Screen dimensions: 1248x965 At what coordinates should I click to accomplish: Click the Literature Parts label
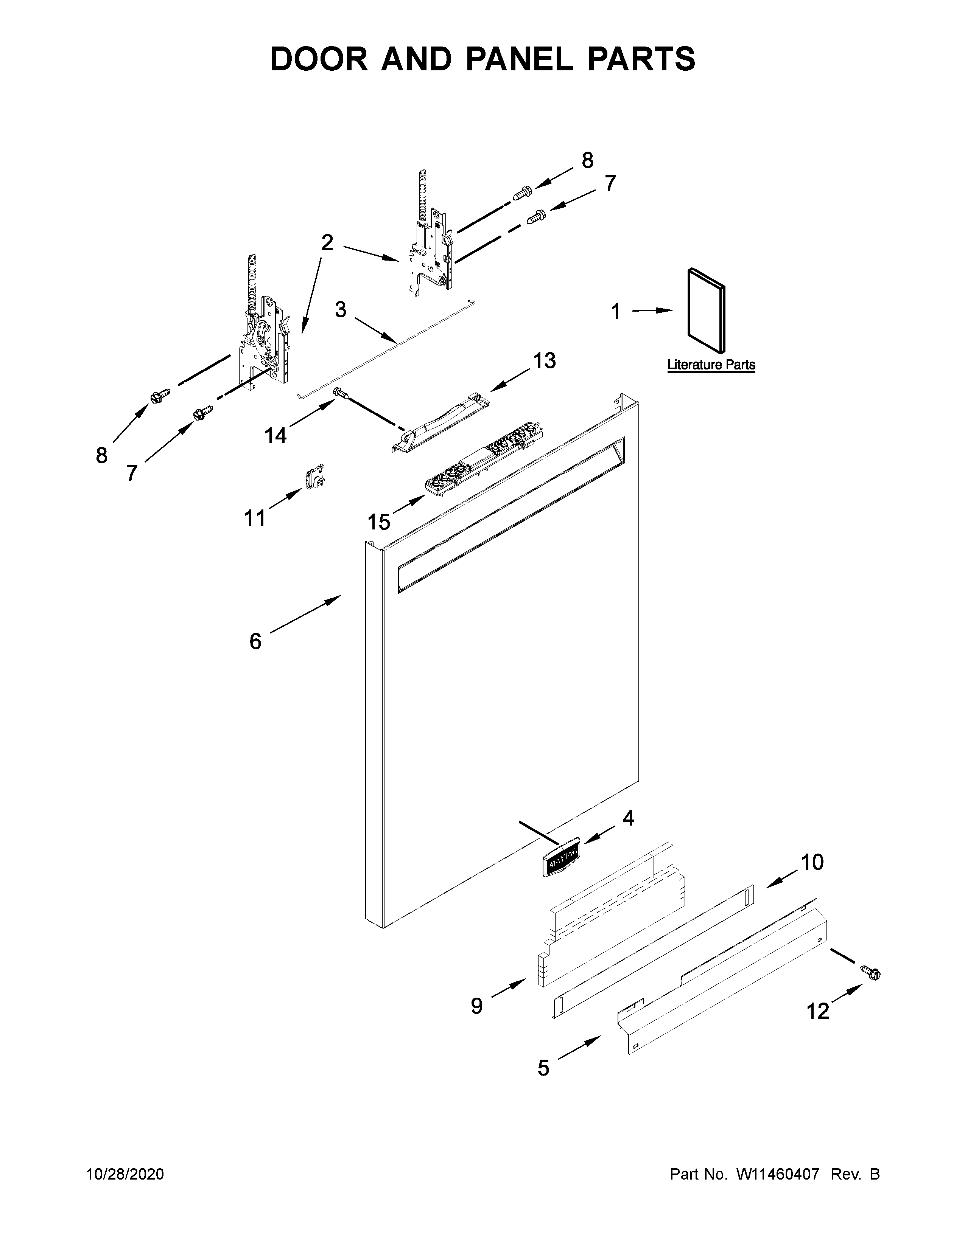pyautogui.click(x=711, y=365)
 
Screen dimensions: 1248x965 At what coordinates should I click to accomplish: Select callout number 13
pyautogui.click(x=544, y=361)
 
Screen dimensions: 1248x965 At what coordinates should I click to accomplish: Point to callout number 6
pyautogui.click(x=255, y=641)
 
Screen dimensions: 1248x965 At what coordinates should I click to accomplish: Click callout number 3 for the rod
pyautogui.click(x=341, y=310)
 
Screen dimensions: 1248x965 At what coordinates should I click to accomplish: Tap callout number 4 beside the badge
pyautogui.click(x=628, y=818)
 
